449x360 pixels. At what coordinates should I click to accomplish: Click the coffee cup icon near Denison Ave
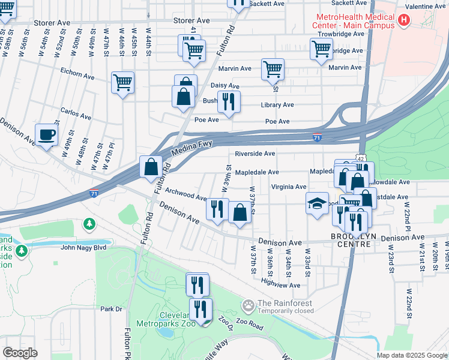tap(46, 134)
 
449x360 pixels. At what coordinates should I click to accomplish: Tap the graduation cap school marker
tap(317, 204)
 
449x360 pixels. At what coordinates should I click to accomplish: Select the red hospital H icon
tap(403, 20)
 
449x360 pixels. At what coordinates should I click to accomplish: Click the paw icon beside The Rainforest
tap(248, 306)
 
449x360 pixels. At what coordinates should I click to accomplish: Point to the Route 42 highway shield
tap(359, 157)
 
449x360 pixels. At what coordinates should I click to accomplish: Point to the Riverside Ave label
tap(255, 154)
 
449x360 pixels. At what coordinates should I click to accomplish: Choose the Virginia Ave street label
tap(289, 187)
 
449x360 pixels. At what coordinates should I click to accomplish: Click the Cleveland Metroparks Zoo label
tap(168, 320)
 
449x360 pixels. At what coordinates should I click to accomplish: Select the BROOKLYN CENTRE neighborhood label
tap(353, 236)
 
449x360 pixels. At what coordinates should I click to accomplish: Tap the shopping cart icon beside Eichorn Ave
tap(122, 83)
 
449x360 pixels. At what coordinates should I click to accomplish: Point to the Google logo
tap(20, 353)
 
